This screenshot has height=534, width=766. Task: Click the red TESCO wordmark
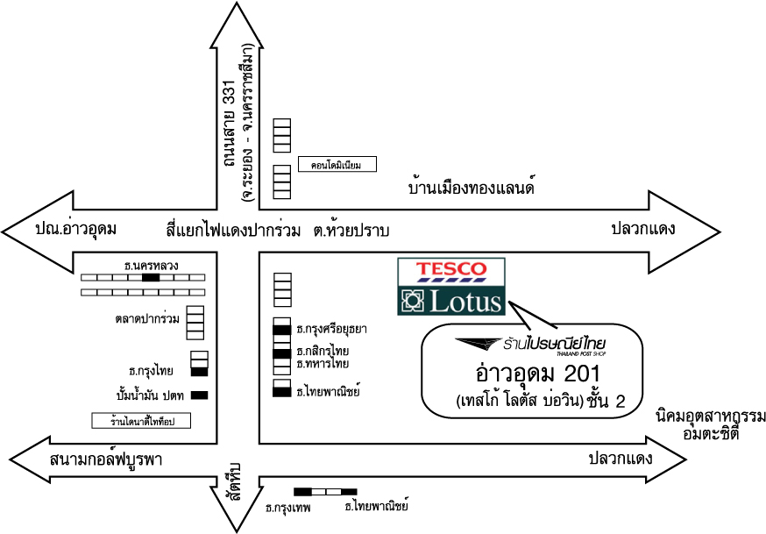(450, 268)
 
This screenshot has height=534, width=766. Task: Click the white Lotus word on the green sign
(465, 303)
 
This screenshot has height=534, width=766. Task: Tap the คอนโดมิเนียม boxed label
(337, 164)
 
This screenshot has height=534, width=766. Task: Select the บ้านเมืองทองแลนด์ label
(472, 188)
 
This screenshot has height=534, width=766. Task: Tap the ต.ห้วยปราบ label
(351, 230)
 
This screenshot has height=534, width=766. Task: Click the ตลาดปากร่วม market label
(147, 318)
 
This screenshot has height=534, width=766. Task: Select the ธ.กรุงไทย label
(151, 370)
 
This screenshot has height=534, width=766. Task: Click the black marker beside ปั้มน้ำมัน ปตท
(199, 394)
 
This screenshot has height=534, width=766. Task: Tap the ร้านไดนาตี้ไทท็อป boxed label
(141, 421)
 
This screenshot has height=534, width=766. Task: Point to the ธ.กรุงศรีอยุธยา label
(331, 330)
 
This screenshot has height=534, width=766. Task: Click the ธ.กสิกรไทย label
(323, 351)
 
